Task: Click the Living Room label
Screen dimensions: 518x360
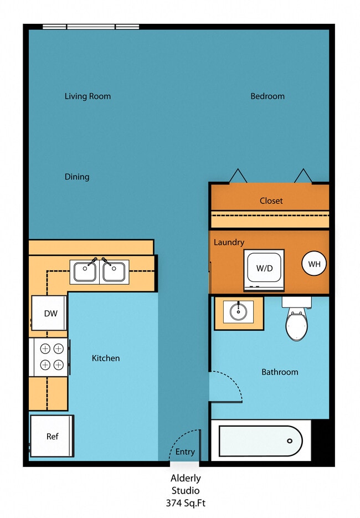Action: click(x=88, y=96)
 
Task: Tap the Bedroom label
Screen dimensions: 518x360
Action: click(x=268, y=96)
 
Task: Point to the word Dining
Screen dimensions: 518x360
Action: click(x=77, y=177)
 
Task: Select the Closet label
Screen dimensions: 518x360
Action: click(x=271, y=201)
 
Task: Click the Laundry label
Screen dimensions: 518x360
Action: click(x=229, y=243)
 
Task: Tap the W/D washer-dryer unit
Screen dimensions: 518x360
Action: click(x=264, y=269)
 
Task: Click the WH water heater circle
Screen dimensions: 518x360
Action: click(x=315, y=264)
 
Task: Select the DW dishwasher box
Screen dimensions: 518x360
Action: click(x=50, y=313)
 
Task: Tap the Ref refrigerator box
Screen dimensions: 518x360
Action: click(x=52, y=437)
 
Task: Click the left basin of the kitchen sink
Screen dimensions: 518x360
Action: click(x=85, y=272)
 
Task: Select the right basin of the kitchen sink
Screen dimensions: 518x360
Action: click(x=114, y=272)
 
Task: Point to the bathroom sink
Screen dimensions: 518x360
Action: click(x=239, y=312)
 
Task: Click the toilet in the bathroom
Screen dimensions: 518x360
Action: click(x=296, y=323)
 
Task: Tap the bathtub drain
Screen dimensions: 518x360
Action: click(x=289, y=441)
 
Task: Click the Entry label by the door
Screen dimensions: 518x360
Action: click(x=185, y=452)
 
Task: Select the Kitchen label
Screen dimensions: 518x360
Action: click(x=106, y=358)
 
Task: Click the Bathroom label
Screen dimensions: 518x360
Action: click(x=280, y=372)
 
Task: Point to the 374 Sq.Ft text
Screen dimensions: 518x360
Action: click(x=185, y=503)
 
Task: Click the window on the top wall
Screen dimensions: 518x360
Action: click(x=91, y=26)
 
